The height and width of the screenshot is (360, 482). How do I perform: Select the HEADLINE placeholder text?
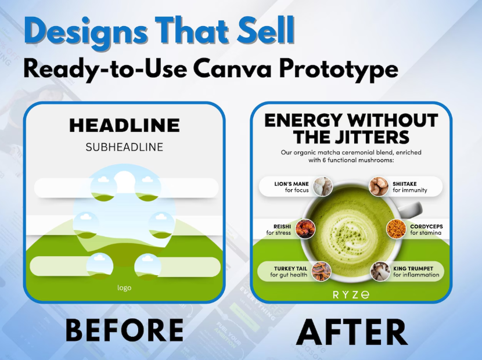[124, 125]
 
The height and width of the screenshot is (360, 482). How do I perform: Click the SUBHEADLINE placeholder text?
[124, 147]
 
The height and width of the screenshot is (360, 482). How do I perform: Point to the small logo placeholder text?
[124, 288]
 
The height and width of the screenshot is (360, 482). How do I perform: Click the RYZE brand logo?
[351, 295]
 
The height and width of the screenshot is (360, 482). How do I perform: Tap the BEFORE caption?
[124, 330]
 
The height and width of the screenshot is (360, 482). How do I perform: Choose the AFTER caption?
[352, 332]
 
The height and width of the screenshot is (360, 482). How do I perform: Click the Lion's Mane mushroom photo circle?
[323, 186]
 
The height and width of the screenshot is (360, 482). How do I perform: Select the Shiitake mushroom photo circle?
[379, 186]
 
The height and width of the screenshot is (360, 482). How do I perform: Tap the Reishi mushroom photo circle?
[305, 229]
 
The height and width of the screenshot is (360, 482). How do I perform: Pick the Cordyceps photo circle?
[396, 229]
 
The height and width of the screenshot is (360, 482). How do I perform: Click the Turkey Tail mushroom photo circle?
[322, 271]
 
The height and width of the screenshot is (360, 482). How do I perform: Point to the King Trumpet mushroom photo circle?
[380, 271]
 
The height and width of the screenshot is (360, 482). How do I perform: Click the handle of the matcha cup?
[411, 209]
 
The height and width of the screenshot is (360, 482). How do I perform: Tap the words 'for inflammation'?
[416, 275]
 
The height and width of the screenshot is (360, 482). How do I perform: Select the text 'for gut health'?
[289, 275]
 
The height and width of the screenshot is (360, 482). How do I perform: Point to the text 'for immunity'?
[410, 190]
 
